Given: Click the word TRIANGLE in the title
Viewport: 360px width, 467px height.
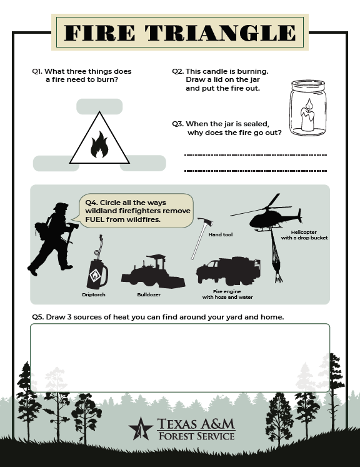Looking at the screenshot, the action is point(221,33).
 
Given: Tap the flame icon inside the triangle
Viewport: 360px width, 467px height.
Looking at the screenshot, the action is point(99,144).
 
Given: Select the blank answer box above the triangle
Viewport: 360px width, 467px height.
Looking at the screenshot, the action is point(99,107).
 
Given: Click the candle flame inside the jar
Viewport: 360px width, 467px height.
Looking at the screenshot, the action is point(309,104).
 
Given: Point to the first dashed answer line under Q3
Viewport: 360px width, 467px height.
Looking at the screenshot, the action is point(256,155).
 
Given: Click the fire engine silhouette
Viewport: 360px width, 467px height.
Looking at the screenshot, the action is point(228,271).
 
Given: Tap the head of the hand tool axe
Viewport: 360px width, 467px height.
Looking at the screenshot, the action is point(206,221).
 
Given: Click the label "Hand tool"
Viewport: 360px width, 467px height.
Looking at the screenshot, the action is point(221,234).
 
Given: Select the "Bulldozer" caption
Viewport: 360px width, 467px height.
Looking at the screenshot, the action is point(149,294).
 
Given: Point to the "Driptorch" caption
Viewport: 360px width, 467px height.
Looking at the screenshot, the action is point(94,294).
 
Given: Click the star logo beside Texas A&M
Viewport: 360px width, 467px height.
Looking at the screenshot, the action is point(141,429).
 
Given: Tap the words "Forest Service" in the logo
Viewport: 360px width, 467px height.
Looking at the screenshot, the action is point(196,436).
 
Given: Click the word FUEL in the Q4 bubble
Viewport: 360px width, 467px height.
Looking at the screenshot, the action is point(95,219).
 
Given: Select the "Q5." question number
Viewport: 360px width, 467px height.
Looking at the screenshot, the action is point(38,317).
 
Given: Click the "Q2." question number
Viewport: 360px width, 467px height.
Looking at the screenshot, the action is point(177,71).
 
